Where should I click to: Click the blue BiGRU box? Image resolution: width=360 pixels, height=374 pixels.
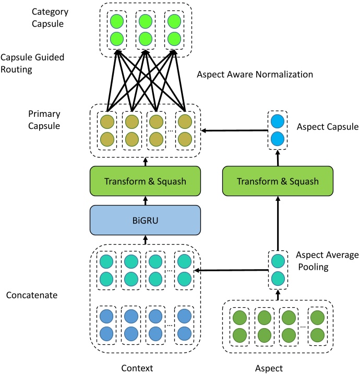(x=145, y=220)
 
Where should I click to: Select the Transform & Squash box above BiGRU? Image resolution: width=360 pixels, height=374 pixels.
(x=145, y=182)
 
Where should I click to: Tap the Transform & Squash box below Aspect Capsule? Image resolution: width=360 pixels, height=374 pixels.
(x=278, y=182)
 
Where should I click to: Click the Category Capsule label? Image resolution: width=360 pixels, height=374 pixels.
(x=50, y=17)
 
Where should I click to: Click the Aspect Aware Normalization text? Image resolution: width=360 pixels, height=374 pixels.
(x=255, y=75)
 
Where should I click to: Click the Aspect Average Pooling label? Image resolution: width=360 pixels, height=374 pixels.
(x=327, y=260)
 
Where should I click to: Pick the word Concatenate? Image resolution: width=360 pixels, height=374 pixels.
(x=32, y=295)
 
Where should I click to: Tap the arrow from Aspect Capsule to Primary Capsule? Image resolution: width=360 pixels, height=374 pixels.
(x=235, y=130)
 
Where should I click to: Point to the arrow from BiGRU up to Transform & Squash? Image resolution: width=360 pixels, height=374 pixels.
(x=145, y=200)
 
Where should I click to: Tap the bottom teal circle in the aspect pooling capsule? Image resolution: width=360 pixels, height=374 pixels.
(x=278, y=278)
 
